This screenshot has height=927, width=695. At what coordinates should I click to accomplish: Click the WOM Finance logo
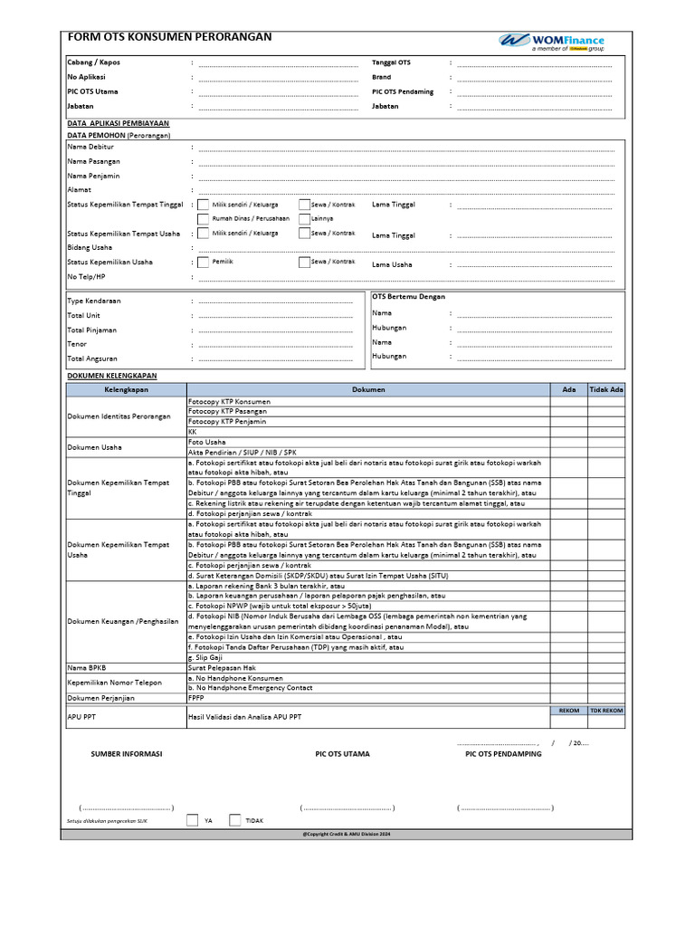[x=551, y=42]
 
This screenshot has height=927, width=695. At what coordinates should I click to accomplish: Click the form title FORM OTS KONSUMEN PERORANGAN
[x=168, y=37]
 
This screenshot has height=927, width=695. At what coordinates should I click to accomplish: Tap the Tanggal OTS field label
[x=391, y=62]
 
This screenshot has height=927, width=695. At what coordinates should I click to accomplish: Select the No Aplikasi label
[x=86, y=77]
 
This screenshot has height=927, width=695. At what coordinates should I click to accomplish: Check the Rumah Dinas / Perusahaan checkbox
[x=203, y=219]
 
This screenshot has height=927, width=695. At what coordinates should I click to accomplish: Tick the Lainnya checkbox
[x=304, y=219]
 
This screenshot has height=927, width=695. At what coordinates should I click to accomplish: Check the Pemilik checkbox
[x=203, y=263]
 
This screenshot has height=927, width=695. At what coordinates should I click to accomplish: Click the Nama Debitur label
[x=90, y=147]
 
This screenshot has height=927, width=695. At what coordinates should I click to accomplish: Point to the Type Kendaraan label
[x=94, y=301]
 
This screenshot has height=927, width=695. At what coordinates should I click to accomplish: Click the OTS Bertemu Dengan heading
[x=408, y=296]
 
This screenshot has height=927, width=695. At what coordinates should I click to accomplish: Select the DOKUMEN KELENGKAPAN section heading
[x=112, y=375]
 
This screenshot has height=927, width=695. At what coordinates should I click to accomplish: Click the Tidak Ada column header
[x=605, y=389]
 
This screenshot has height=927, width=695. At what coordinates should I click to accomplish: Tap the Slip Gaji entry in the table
[x=205, y=657]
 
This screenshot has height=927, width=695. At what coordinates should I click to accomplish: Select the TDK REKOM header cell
[x=605, y=711]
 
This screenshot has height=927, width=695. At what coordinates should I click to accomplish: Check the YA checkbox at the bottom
[x=192, y=820]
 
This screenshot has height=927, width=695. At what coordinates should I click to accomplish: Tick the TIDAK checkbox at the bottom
[x=235, y=820]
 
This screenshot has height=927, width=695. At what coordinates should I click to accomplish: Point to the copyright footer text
[x=347, y=834]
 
